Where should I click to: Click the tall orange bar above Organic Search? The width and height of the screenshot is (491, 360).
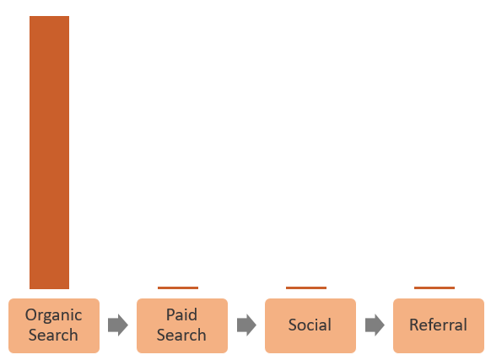pyautogui.click(x=49, y=152)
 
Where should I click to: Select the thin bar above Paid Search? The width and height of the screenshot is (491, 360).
pyautogui.click(x=178, y=287)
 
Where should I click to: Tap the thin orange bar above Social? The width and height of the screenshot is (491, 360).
pyautogui.click(x=305, y=287)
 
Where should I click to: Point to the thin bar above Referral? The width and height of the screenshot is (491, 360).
pyautogui.click(x=434, y=287)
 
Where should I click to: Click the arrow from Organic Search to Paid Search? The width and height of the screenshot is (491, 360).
pyautogui.click(x=117, y=325)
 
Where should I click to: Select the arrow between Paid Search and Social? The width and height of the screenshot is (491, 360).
pyautogui.click(x=245, y=325)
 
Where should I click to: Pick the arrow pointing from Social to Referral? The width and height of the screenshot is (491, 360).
pyautogui.click(x=374, y=325)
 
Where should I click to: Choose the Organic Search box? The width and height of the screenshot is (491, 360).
pyautogui.click(x=54, y=325)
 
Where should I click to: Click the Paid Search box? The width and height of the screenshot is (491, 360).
pyautogui.click(x=181, y=325)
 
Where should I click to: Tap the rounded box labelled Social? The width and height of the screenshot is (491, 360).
pyautogui.click(x=310, y=325)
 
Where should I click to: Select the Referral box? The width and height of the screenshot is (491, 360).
pyautogui.click(x=438, y=325)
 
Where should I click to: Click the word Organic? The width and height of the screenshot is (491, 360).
pyautogui.click(x=54, y=315)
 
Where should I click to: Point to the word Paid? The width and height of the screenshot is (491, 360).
pyautogui.click(x=181, y=315)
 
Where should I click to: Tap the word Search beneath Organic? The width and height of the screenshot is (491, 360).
pyautogui.click(x=54, y=335)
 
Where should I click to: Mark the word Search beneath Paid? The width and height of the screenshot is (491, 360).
pyautogui.click(x=181, y=335)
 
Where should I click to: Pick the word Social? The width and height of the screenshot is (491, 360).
pyautogui.click(x=310, y=325)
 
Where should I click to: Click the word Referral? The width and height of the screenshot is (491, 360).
pyautogui.click(x=438, y=325)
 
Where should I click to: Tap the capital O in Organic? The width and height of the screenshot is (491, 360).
pyautogui.click(x=31, y=315)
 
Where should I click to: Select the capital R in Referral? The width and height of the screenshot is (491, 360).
pyautogui.click(x=413, y=325)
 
